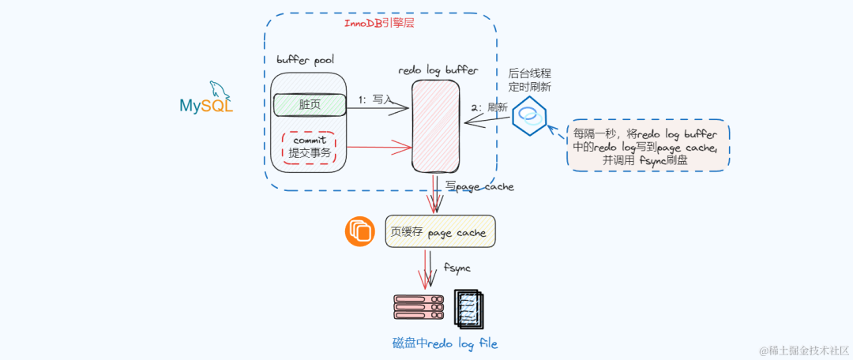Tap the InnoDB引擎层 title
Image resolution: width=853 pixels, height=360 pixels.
tap(379, 24)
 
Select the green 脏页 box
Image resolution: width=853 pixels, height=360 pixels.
tap(309, 104)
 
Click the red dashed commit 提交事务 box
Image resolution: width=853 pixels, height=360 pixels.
tap(309, 147)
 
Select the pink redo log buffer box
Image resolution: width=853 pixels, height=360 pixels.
tap(437, 126)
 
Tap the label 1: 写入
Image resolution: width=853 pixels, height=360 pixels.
tap(375, 99)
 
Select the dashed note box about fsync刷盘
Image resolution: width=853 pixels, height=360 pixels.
tap(648, 146)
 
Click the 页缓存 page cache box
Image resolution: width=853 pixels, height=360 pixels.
tap(440, 231)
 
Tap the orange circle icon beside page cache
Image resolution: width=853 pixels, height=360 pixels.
tap(359, 231)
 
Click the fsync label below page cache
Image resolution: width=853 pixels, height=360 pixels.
tap(457, 268)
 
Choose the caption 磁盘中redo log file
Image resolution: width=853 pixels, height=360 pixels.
tap(445, 343)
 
